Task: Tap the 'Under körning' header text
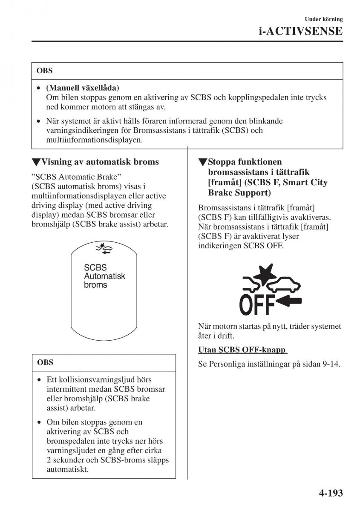click(x=324, y=19)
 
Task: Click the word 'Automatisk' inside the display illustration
click(x=105, y=276)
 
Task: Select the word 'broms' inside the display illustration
click(x=95, y=285)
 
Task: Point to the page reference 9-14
click(x=331, y=365)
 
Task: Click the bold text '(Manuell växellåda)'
click(x=83, y=88)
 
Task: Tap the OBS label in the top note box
click(x=45, y=71)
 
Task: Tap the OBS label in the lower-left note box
click(x=45, y=363)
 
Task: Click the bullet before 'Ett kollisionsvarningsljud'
click(x=39, y=379)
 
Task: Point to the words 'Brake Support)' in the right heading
click(x=239, y=192)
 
